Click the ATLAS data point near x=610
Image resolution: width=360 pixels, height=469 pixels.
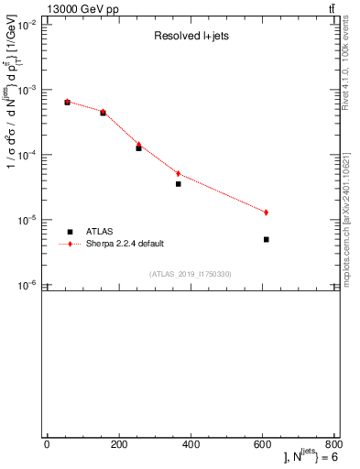point(266,239)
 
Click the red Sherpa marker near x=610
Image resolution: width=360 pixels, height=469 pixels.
point(266,213)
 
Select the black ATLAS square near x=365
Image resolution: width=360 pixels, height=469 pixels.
point(179,184)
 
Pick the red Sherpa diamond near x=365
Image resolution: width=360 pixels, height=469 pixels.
point(179,173)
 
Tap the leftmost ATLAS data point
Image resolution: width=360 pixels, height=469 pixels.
point(67,102)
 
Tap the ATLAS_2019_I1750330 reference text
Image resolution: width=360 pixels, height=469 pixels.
point(191,274)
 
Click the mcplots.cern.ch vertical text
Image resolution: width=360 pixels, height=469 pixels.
point(350,211)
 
